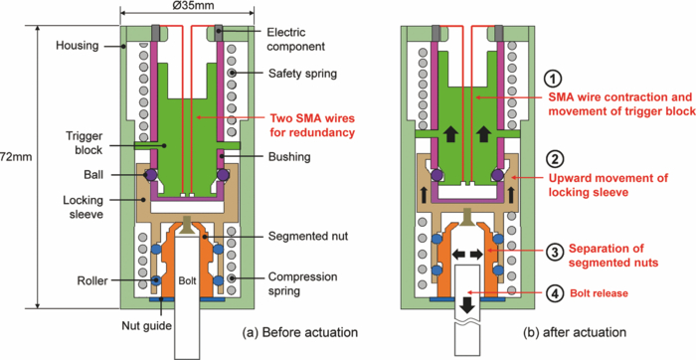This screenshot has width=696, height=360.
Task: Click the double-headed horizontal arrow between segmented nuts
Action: tap(467, 256)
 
